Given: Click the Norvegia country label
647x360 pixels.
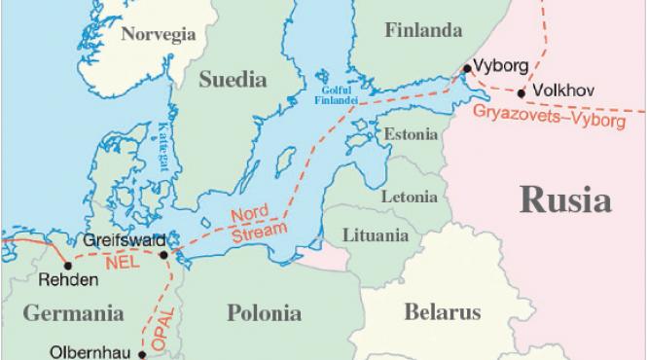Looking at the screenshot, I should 157,35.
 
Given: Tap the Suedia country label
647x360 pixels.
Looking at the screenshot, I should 233,80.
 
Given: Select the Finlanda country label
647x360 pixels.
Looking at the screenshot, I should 422,30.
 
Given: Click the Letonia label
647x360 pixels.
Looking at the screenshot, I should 410,197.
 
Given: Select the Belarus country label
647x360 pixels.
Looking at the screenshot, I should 443,312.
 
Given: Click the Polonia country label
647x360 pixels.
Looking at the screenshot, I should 264,313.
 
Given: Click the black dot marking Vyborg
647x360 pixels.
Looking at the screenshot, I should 467,69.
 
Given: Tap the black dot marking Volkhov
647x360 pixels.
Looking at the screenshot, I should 522,93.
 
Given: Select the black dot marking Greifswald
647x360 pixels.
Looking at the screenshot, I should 163,255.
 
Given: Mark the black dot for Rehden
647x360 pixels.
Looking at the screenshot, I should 67,264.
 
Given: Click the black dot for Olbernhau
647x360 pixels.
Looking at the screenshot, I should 142,355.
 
